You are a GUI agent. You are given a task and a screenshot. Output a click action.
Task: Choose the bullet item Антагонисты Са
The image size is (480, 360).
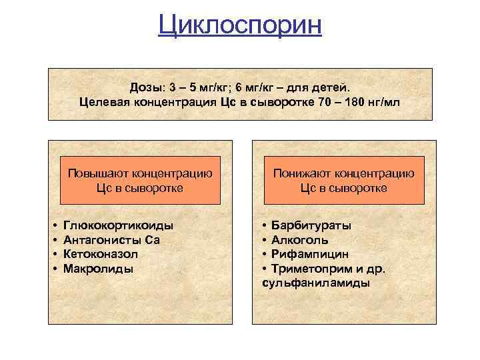point(111,240)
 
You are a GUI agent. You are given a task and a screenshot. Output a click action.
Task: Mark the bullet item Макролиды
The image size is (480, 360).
point(98,269)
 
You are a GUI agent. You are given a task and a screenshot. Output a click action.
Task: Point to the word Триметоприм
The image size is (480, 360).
point(309,269)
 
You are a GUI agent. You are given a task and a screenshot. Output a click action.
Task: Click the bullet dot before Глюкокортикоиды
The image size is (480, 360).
point(53,225)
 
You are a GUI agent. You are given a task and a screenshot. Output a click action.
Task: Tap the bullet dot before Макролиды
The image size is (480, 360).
point(53,269)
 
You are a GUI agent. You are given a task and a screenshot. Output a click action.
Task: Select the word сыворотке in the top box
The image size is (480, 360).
point(273,103)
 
